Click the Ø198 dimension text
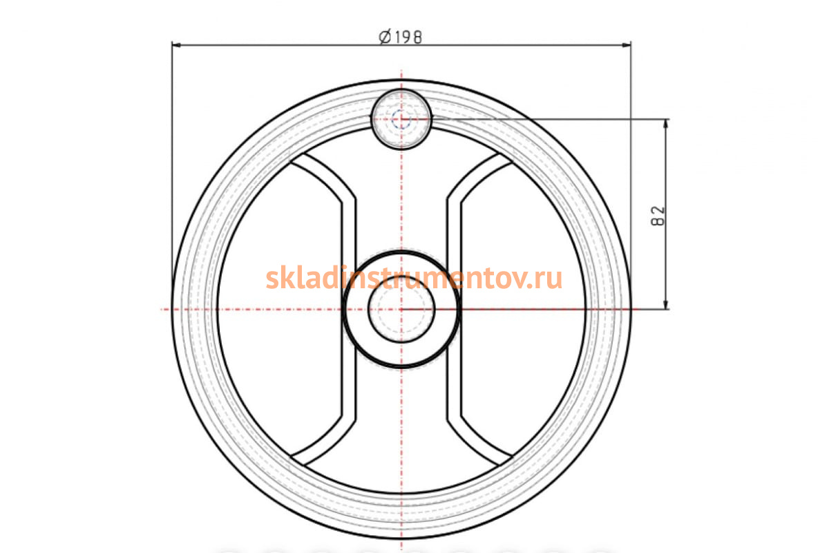401,37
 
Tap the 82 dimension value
658,216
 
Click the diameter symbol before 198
385,37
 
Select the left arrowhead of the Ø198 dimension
177,45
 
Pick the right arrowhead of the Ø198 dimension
626,45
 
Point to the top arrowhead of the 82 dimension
666,124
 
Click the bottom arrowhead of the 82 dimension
666,304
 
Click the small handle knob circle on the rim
401,120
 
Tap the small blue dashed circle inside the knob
401,120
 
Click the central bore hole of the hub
401,310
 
